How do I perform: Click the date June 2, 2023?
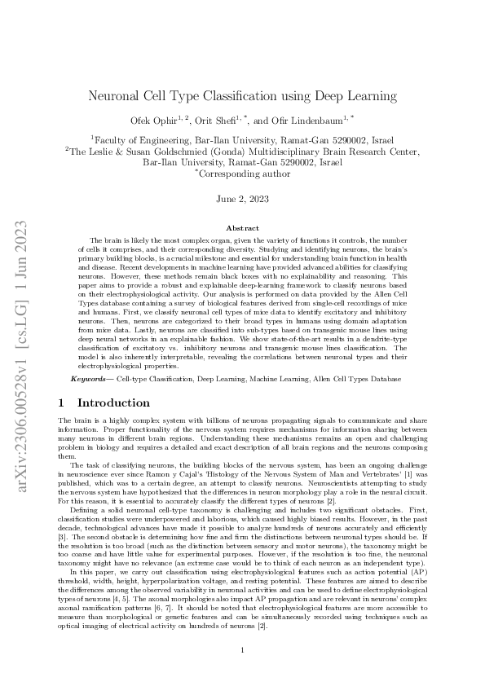242,198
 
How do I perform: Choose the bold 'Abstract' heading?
242,230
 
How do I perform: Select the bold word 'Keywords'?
88,379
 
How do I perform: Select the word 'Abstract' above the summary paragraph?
242,230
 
